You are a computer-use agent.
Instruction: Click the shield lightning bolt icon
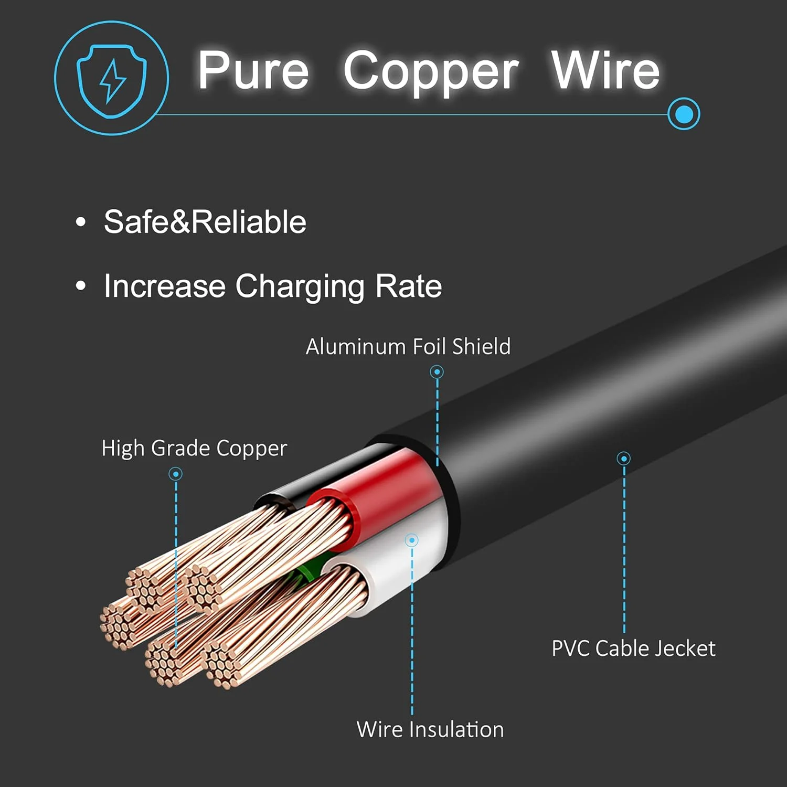tap(112, 79)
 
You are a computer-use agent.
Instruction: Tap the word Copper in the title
tap(431, 71)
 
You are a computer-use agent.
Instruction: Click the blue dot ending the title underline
tap(684, 114)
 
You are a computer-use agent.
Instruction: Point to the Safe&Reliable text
tap(205, 222)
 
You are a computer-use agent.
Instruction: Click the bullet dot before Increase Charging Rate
tap(80, 286)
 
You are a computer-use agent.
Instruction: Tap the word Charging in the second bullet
tap(299, 286)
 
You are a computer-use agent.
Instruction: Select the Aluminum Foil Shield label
tap(408, 347)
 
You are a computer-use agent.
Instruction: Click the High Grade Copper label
tap(194, 449)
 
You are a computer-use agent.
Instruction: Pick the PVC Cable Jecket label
tap(633, 648)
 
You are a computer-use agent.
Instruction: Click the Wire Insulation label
tap(430, 730)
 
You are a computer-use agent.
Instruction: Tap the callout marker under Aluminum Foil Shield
tap(437, 372)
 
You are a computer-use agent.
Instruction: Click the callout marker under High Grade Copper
tap(175, 474)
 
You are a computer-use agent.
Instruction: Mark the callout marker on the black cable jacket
tap(623, 459)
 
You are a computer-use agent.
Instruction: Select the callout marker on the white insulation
tap(412, 540)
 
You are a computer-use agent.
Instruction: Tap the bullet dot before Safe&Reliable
tap(80, 222)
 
